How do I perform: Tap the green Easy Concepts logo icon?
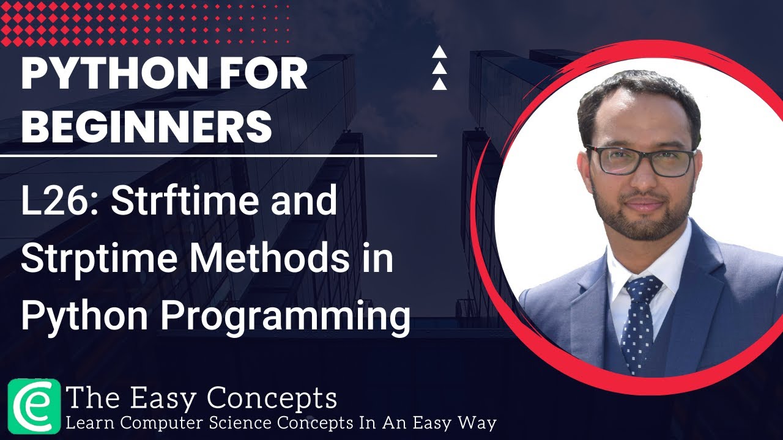point(34,405)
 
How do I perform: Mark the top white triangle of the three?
point(439,52)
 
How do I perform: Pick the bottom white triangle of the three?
point(439,84)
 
